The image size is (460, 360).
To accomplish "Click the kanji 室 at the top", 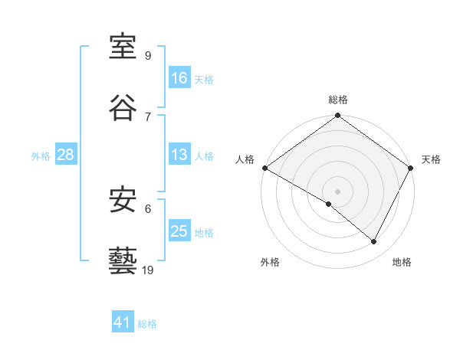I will point(123,47).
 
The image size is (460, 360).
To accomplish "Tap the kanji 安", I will point(123,201).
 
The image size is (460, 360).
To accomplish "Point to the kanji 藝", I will point(123,260).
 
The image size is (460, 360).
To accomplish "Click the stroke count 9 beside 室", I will point(147,56).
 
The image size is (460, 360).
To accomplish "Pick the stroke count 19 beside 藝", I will point(148,270).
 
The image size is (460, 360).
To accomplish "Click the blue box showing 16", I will point(179,78).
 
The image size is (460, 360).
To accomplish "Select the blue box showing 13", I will point(179,155).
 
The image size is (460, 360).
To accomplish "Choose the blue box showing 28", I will point(66,155).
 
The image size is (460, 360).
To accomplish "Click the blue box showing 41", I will point(123,323).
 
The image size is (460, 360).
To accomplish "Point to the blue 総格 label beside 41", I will point(147,324).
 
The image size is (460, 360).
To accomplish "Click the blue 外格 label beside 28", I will point(41,156).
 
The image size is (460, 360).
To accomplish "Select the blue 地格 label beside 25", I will point(204,233).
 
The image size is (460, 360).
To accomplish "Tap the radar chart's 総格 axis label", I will point(338,100).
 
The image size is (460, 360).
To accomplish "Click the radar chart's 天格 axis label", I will point(431,159).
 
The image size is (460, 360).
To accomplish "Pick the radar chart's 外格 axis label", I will point(270,262).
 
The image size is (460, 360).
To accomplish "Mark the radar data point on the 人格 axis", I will point(264,168).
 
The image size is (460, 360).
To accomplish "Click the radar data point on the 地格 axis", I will point(374,242).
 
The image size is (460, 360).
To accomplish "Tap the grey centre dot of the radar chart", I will point(338,191).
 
